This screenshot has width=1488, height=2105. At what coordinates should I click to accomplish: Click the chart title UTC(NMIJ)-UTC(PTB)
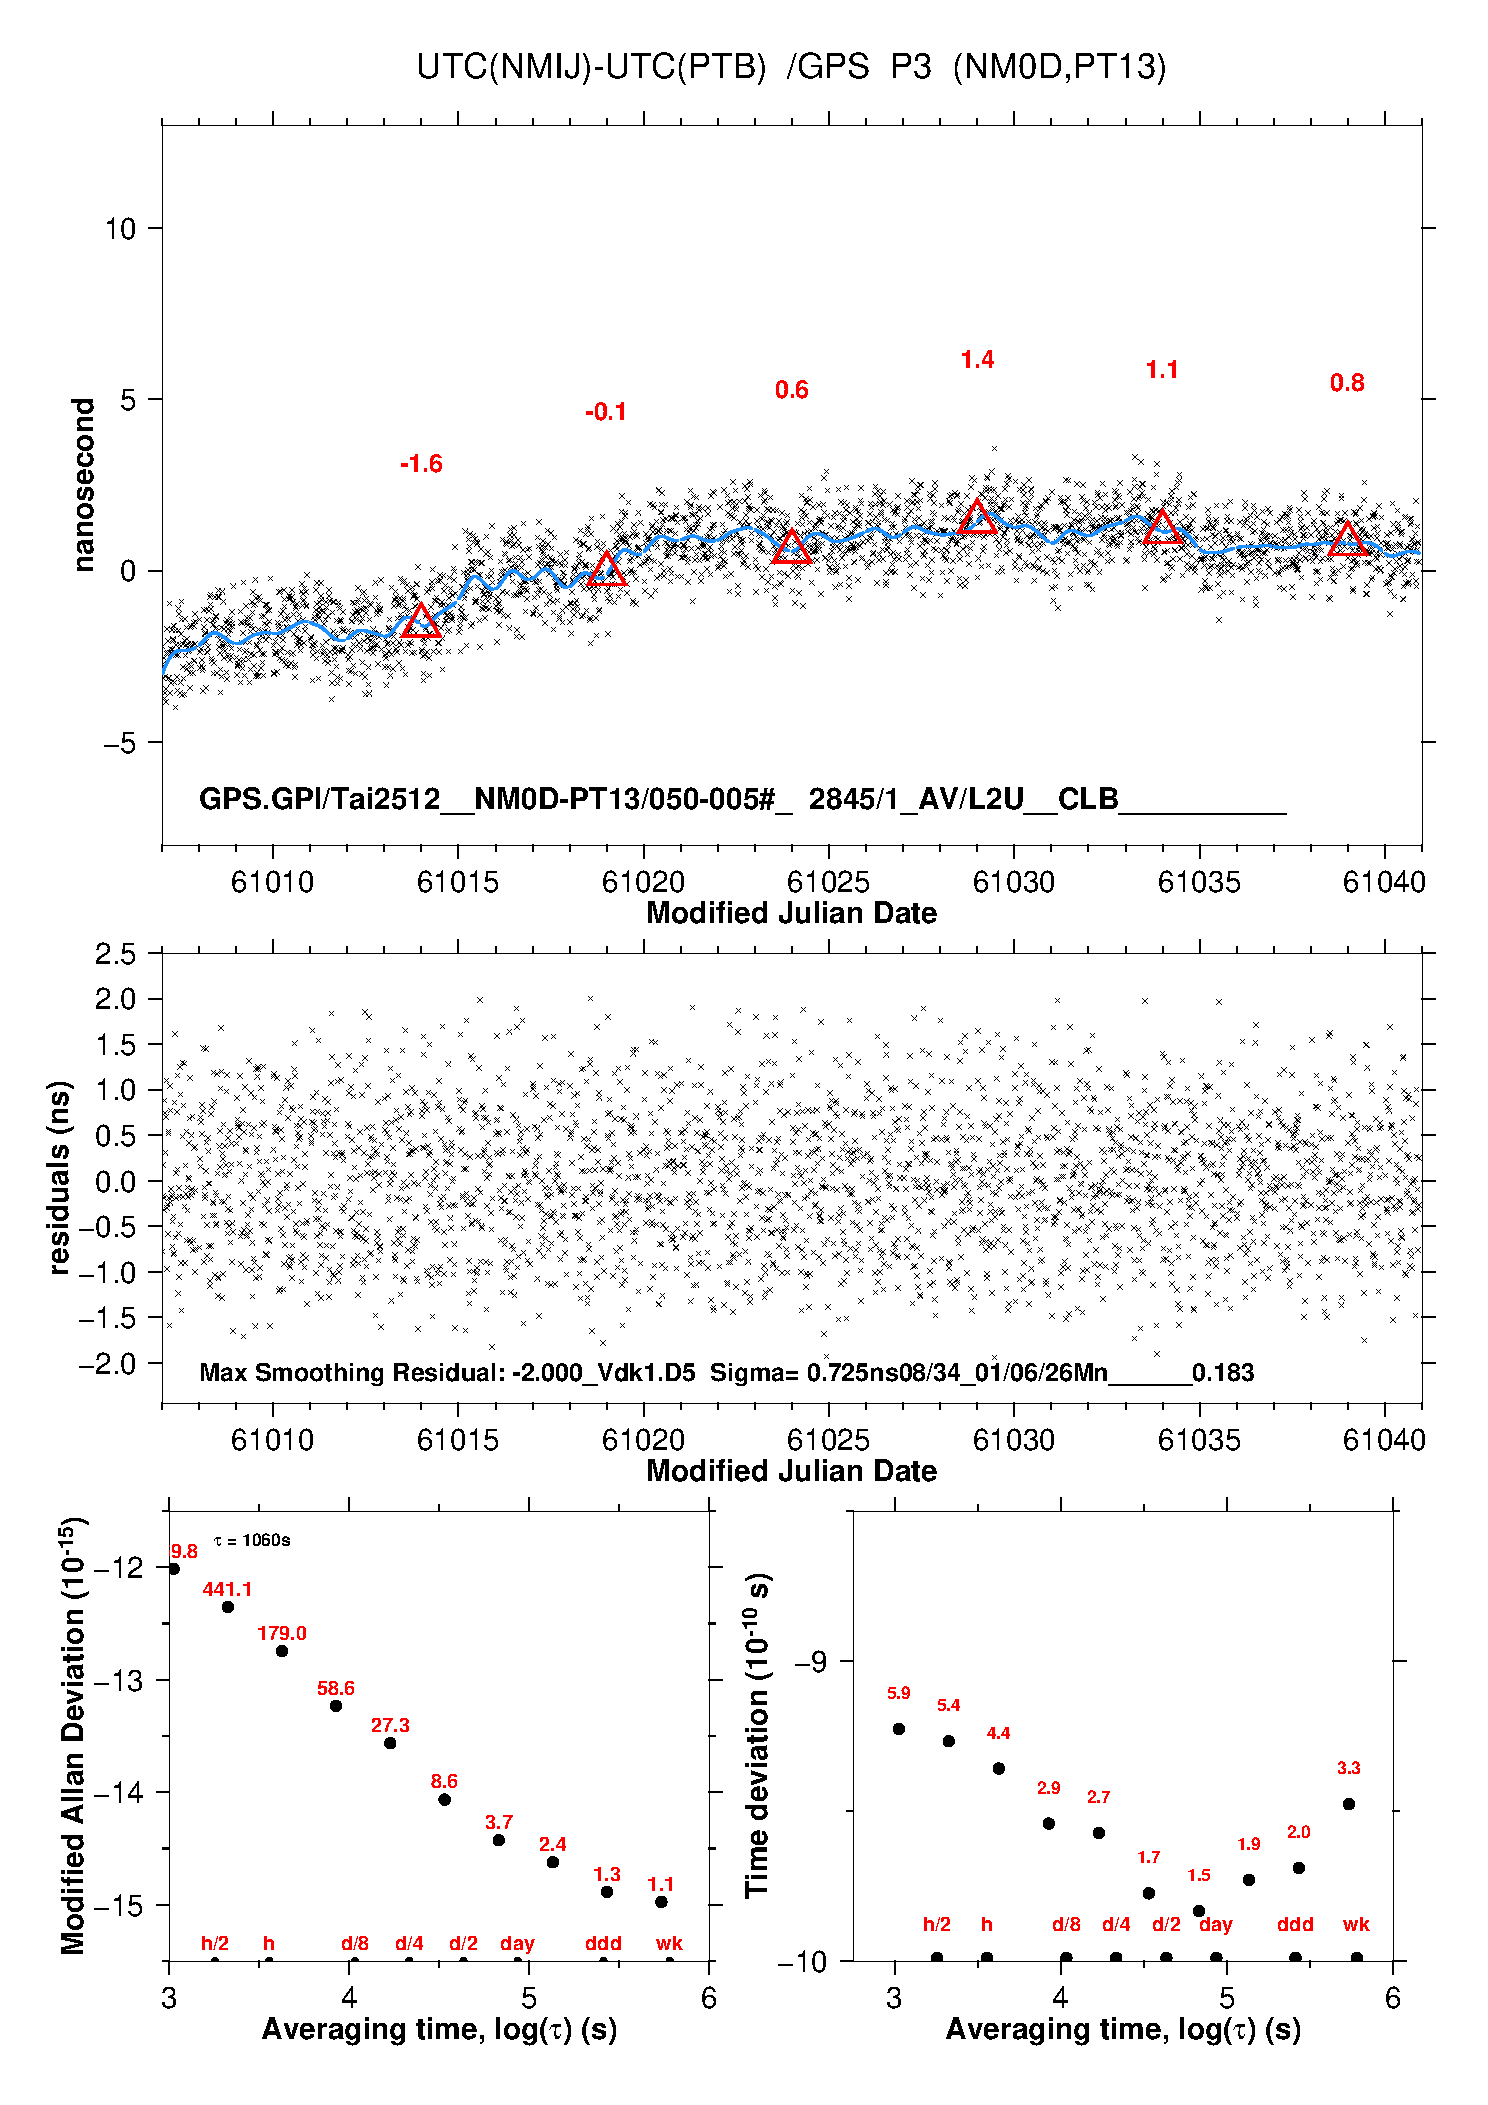(x=591, y=67)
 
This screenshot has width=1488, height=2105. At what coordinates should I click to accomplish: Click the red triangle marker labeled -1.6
(x=421, y=621)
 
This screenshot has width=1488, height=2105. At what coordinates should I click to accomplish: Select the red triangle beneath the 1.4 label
(x=977, y=516)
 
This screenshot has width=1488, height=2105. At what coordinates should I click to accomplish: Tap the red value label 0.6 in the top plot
(x=791, y=390)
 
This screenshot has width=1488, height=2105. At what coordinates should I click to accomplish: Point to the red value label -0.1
(x=606, y=412)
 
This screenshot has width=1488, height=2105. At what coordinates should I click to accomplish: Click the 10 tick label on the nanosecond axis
(x=120, y=229)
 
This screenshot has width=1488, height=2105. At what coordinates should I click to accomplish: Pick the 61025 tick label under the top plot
(x=828, y=882)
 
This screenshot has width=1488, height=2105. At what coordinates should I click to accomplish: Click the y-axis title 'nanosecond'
(x=84, y=485)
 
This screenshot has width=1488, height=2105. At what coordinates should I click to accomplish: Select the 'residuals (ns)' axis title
(x=60, y=1177)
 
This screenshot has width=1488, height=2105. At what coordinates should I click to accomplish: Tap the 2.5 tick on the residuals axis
(x=116, y=954)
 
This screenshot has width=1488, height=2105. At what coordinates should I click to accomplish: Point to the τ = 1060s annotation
(x=252, y=1540)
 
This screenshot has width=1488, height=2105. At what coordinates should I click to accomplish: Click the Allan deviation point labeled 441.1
(x=228, y=1607)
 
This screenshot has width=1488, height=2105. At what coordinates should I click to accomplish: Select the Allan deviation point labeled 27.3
(x=390, y=1743)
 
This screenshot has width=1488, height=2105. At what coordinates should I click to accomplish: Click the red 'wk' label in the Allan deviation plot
(x=669, y=1943)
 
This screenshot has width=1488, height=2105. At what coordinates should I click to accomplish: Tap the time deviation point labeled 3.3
(x=1349, y=1804)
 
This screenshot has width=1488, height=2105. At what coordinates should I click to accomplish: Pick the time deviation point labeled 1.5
(x=1199, y=1911)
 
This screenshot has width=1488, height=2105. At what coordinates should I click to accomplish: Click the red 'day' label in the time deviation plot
(x=1216, y=1924)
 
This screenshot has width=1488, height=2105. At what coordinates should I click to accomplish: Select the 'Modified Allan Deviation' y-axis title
(x=74, y=1736)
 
